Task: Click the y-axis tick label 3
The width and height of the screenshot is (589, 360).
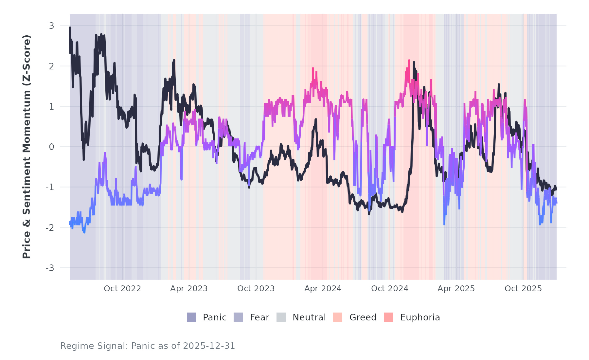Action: [x=51, y=26]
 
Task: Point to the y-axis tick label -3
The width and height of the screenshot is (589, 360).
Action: [x=50, y=268]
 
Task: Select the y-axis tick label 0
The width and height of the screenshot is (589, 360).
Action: [x=51, y=147]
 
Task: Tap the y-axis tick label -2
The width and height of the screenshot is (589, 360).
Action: [x=50, y=228]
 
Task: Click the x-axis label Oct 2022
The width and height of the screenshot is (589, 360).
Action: [x=122, y=289]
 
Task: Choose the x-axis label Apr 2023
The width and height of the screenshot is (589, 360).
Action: [x=189, y=289]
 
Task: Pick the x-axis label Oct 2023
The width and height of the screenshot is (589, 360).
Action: [x=256, y=289]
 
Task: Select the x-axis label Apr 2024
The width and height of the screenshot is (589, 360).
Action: [x=323, y=289]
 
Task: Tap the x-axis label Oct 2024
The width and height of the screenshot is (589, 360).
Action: [x=390, y=289]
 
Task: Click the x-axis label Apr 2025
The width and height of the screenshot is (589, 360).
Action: [x=456, y=289]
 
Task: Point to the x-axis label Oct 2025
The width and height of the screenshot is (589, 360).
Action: [x=523, y=289]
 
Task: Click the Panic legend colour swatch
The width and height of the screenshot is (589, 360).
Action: [x=191, y=317]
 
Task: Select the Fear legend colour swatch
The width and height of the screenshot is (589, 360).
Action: [x=238, y=317]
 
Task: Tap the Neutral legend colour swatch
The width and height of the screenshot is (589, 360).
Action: [x=281, y=317]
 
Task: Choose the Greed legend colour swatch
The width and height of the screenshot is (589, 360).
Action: [x=338, y=317]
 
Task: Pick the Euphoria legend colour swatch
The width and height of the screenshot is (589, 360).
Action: [x=388, y=317]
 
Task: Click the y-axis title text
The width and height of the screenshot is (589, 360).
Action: [x=27, y=147]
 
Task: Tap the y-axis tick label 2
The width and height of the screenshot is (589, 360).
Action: [x=51, y=66]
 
